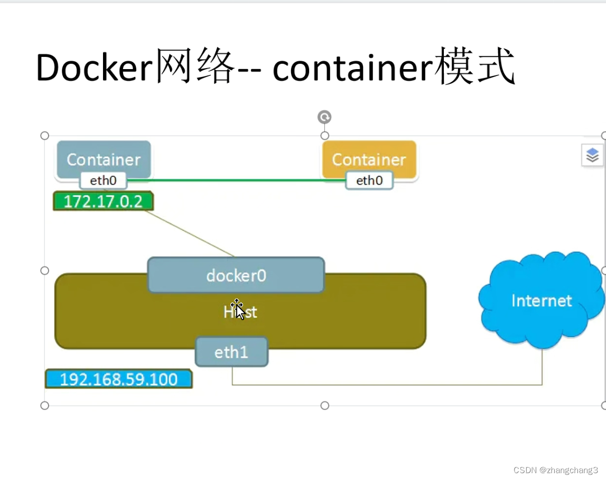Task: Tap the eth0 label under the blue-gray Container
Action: [104, 181]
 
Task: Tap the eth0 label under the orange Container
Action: [369, 181]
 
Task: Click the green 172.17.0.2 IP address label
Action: [103, 201]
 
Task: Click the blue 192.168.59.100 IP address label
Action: [118, 379]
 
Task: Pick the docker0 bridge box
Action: [236, 275]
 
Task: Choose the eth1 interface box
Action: [231, 352]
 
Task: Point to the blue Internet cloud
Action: [541, 301]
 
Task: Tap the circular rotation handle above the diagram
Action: [324, 117]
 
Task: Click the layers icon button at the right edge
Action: [592, 156]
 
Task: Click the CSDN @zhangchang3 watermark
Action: [555, 470]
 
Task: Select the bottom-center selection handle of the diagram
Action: [325, 405]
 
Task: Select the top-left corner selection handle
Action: [45, 136]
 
